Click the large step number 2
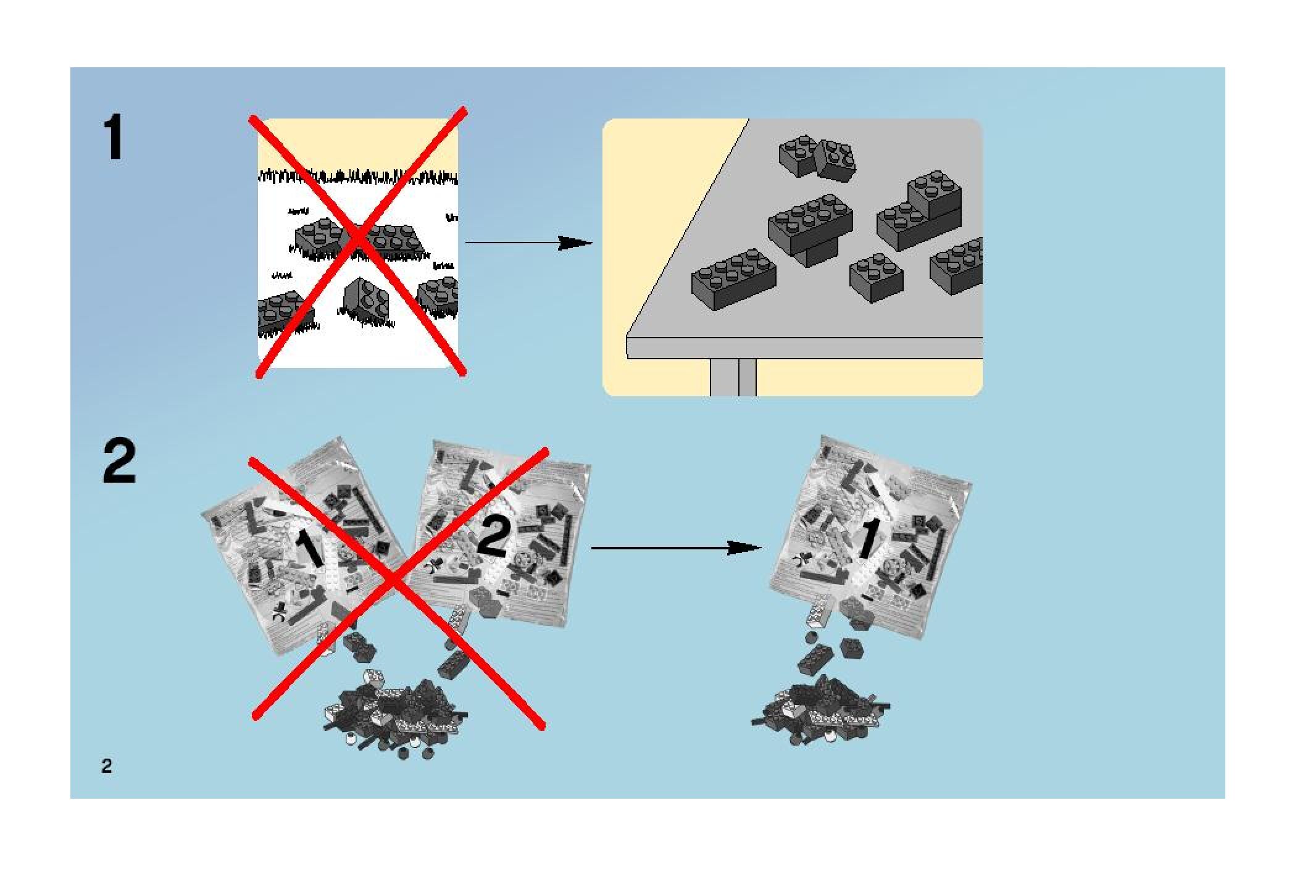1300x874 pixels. coord(119,462)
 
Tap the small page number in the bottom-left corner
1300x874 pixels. coord(107,766)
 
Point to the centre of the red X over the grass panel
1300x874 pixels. coord(357,241)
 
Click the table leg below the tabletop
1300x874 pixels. coord(733,377)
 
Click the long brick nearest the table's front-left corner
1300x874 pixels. coord(733,278)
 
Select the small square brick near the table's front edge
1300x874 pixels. coord(876,278)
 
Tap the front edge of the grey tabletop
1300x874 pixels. coord(802,348)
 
